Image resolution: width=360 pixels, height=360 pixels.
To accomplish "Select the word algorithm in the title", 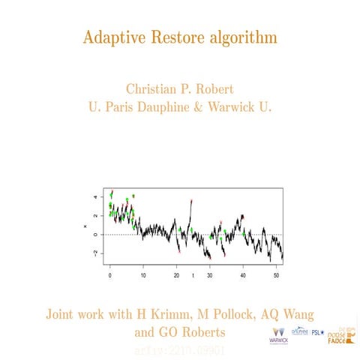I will pyautogui.click(x=242, y=37).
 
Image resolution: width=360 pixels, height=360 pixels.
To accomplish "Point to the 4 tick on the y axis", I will pyautogui.click(x=94, y=198).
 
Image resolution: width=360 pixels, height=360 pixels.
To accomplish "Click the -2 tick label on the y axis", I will pyautogui.click(x=94, y=253).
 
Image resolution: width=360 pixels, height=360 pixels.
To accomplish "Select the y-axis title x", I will pyautogui.click(x=85, y=226).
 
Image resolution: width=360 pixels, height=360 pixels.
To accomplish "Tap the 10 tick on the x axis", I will pyautogui.click(x=143, y=276).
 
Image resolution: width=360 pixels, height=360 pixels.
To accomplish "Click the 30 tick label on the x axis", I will pyautogui.click(x=210, y=276).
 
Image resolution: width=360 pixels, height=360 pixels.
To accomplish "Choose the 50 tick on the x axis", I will pyautogui.click(x=277, y=276).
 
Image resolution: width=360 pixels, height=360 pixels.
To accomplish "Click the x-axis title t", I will pyautogui.click(x=193, y=276).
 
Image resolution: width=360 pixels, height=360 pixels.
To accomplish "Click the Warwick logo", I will pyautogui.click(x=277, y=334).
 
